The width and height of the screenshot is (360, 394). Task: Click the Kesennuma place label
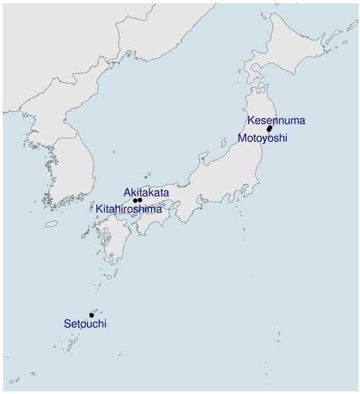276,120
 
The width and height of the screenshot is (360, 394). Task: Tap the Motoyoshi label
262,138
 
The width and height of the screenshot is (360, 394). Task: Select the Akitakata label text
146,192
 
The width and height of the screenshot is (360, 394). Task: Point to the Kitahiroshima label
128,208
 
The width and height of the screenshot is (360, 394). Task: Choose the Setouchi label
85,323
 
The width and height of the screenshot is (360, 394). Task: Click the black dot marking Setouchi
92,315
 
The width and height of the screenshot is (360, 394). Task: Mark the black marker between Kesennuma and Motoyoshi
269,129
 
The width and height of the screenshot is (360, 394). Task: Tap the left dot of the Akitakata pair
135,200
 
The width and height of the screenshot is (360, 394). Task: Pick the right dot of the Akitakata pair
140,200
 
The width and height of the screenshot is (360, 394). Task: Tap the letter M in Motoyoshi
242,138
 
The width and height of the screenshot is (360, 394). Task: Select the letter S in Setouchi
67,323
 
